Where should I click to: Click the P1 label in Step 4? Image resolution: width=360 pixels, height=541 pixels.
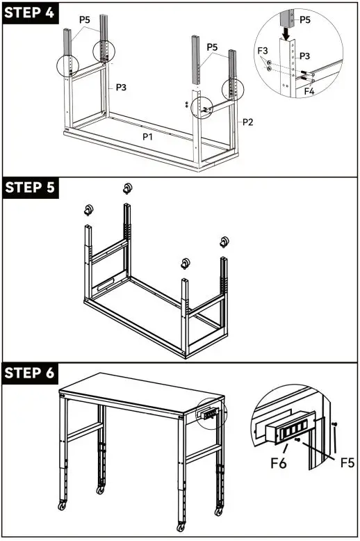click(x=148, y=137)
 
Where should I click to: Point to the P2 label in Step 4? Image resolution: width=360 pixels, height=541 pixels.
click(x=247, y=122)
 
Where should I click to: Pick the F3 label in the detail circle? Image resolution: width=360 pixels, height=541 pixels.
click(x=263, y=51)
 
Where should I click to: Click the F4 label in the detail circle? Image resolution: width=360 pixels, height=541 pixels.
click(x=310, y=90)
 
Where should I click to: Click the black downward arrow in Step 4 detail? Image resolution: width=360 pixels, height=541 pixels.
click(x=287, y=32)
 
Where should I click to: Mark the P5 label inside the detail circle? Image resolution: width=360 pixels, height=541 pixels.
click(x=305, y=19)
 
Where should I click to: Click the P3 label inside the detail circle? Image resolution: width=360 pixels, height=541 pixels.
click(x=305, y=55)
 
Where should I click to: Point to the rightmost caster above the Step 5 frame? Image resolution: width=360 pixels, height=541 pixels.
click(x=224, y=243)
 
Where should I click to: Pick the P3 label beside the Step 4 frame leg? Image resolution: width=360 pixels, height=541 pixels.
click(x=121, y=87)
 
